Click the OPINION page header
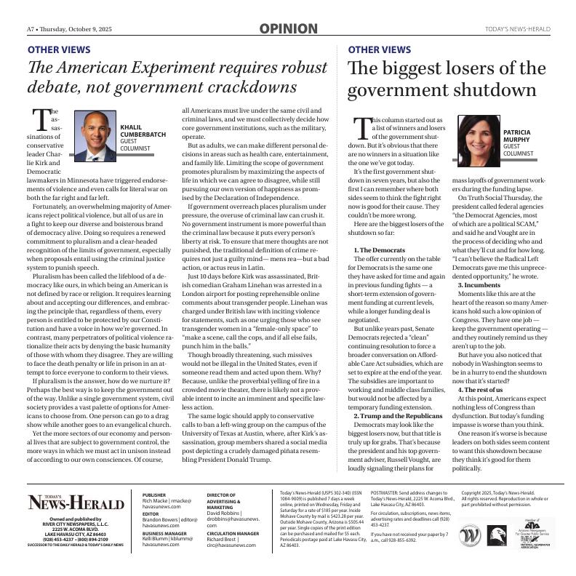click(x=288, y=29)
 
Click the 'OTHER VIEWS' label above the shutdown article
click(x=380, y=50)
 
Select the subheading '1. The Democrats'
click(x=379, y=250)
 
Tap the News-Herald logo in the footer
click(x=76, y=502)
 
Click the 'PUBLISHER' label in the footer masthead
click(x=155, y=494)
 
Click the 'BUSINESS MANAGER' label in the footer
click(x=164, y=533)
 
